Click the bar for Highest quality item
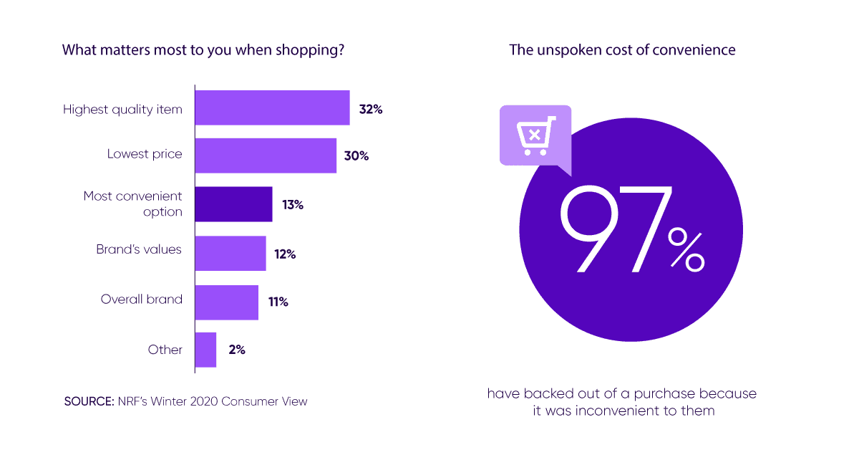pyautogui.click(x=272, y=108)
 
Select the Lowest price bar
pyautogui.click(x=266, y=155)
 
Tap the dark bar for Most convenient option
pyautogui.click(x=233, y=204)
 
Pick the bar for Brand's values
pyautogui.click(x=230, y=254)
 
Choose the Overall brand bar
pyautogui.click(x=226, y=302)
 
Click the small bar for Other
pyautogui.click(x=205, y=350)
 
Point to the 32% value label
pyautogui.click(x=372, y=110)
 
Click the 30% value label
pyautogui.click(x=356, y=155)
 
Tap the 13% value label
pyautogui.click(x=292, y=205)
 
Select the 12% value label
pyautogui.click(x=284, y=254)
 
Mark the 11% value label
pyautogui.click(x=278, y=302)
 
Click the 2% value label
pyautogui.click(x=237, y=350)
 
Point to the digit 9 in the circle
pyautogui.click(x=591, y=229)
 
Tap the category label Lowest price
pyautogui.click(x=145, y=153)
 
